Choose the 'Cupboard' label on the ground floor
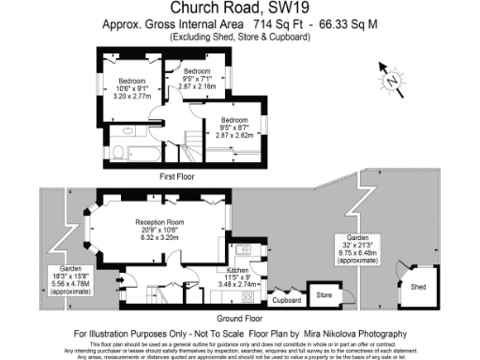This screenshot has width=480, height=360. tap(286, 301)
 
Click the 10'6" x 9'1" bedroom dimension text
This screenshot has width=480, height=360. tap(132, 89)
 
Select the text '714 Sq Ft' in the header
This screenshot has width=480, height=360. tap(253, 22)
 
